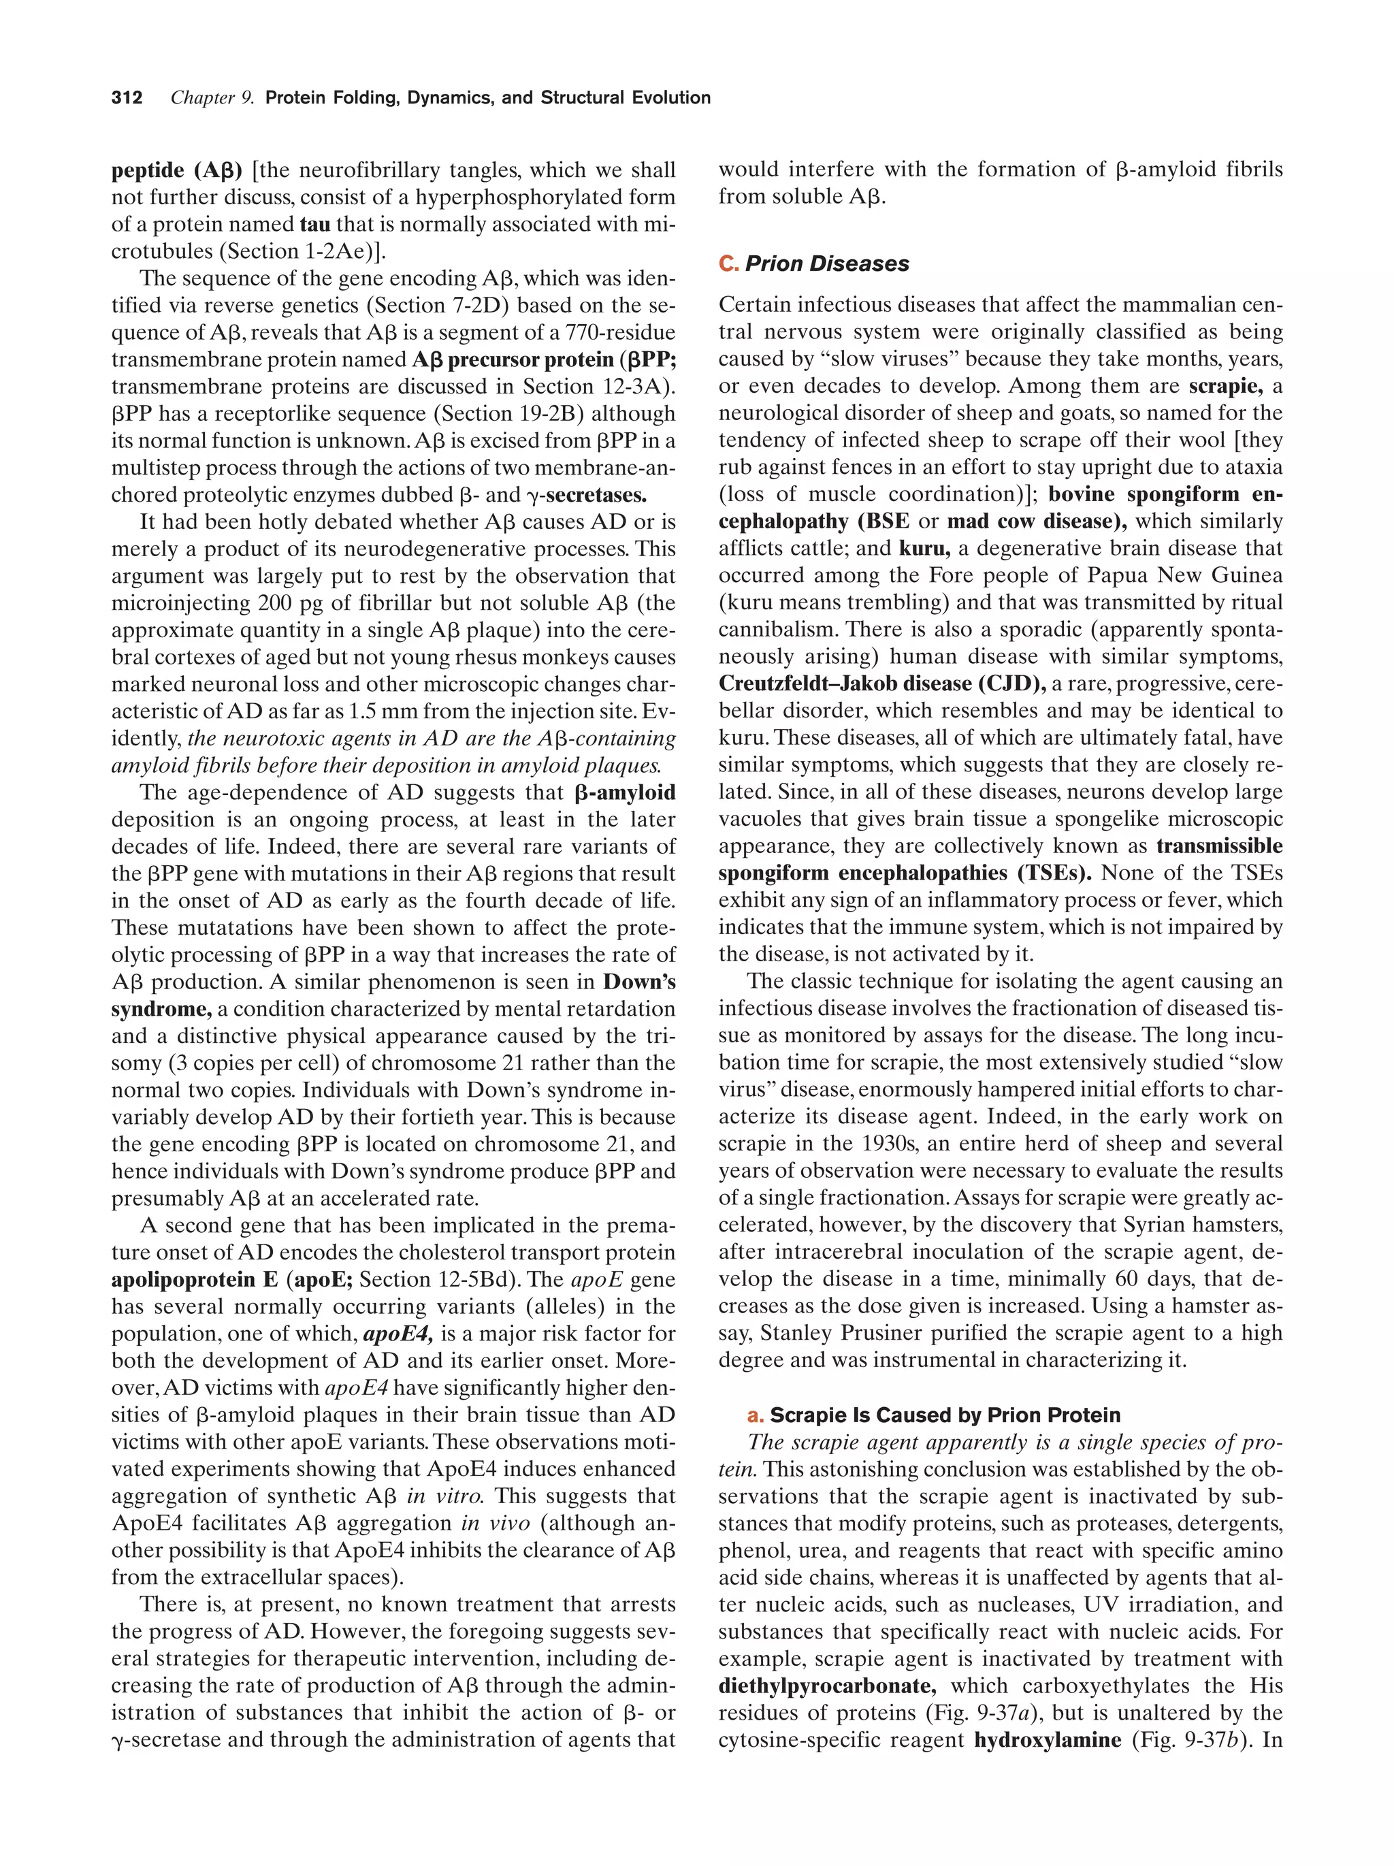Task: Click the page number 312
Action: (127, 98)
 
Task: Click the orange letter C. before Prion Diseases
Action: (728, 264)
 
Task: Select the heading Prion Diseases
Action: (826, 264)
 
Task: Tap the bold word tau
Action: (314, 225)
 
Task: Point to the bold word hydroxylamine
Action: (1047, 1740)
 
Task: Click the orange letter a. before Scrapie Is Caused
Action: (755, 1415)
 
